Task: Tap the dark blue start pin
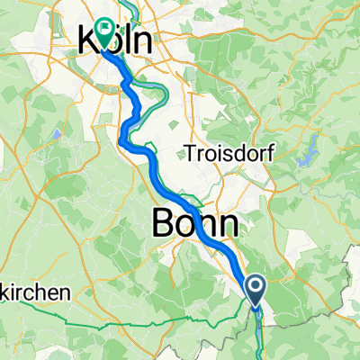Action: click(256, 291)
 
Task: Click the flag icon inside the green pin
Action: click(107, 29)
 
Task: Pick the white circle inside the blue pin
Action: click(256, 286)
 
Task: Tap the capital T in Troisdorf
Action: click(190, 151)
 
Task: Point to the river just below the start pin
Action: click(257, 324)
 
